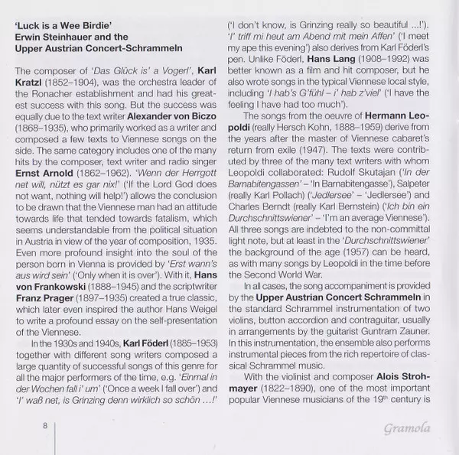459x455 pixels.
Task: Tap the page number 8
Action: [x=45, y=425]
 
